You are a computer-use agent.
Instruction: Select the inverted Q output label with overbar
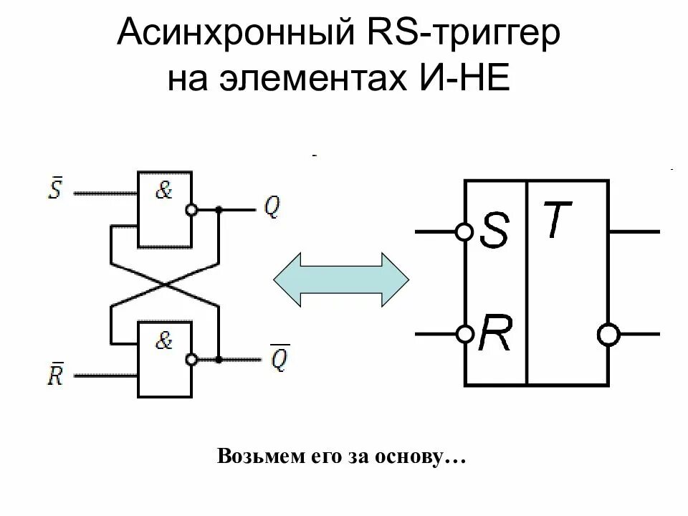tap(279, 358)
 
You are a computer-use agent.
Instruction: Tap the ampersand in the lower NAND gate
tap(164, 341)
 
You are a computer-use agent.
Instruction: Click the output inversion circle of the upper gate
tap(191, 210)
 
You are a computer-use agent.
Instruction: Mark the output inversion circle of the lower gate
tap(191, 359)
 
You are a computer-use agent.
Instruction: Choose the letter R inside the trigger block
tap(495, 333)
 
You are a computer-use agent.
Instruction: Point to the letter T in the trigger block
tap(556, 219)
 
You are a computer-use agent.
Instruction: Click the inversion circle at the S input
tap(464, 231)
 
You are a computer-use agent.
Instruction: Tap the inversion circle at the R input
tap(464, 334)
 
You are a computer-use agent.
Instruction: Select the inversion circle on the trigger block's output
tap(610, 334)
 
